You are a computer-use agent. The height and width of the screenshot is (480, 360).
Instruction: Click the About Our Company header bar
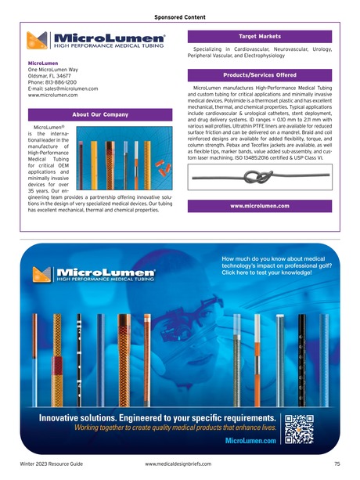[99, 115]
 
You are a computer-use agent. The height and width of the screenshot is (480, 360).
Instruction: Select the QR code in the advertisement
[299, 428]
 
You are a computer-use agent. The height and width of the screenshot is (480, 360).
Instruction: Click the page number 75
[335, 465]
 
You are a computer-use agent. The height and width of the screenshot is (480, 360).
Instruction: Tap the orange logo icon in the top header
[38, 40]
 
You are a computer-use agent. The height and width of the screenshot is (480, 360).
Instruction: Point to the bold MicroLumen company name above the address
[44, 62]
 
